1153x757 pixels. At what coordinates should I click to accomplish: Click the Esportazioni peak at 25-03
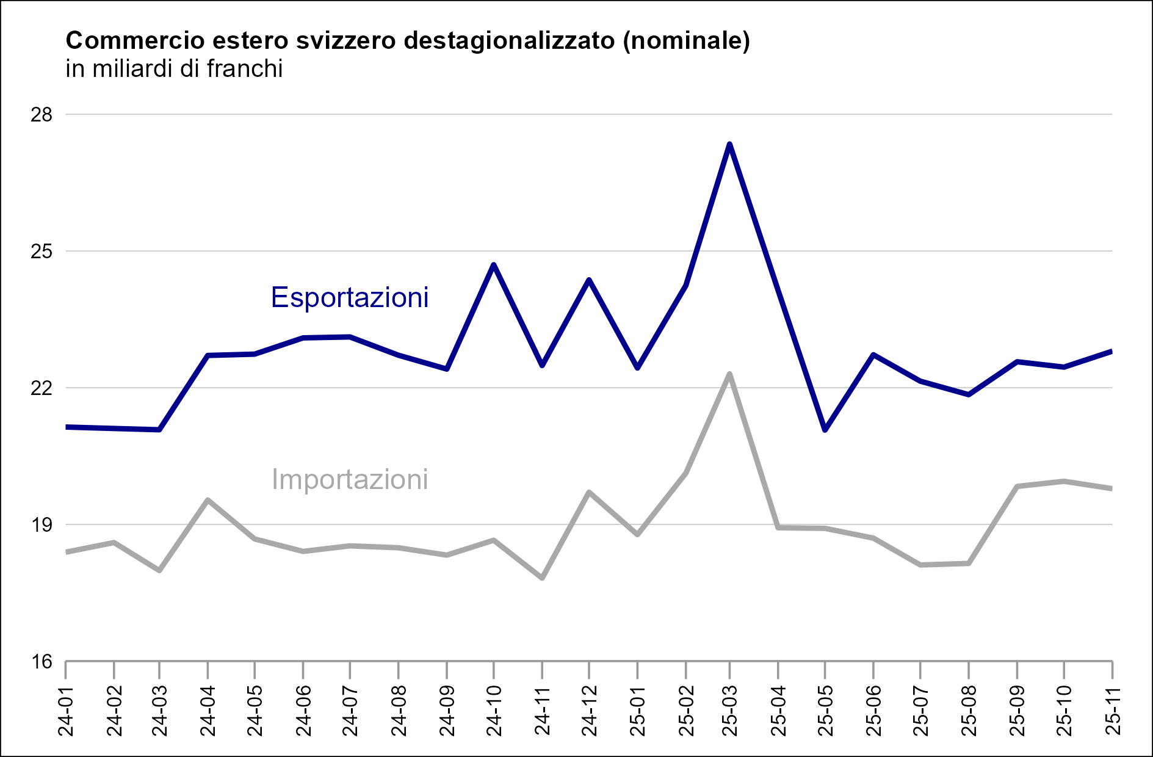point(729,144)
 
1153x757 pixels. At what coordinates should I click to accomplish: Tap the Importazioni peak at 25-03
point(729,374)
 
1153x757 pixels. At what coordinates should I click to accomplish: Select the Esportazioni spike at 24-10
point(494,264)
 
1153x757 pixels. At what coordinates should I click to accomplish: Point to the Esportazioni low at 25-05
point(825,430)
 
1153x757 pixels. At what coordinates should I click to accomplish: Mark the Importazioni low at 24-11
point(542,578)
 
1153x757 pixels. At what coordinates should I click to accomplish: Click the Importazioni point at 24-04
point(208,500)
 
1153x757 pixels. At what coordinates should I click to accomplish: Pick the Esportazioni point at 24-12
point(589,280)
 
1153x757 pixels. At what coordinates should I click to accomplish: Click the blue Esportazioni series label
point(349,297)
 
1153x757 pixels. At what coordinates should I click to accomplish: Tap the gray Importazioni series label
point(349,479)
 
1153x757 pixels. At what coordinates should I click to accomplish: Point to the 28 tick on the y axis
point(42,115)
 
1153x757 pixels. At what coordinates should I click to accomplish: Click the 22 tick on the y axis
point(42,388)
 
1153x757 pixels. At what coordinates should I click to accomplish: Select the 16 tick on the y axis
point(42,661)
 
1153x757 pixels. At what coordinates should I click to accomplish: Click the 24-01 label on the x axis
point(66,711)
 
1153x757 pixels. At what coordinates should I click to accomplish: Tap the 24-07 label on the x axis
point(350,711)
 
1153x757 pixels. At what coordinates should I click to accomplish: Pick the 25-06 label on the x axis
point(873,711)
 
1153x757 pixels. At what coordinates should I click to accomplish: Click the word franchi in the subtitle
point(244,69)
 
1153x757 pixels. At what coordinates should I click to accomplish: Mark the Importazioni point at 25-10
point(1064,481)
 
